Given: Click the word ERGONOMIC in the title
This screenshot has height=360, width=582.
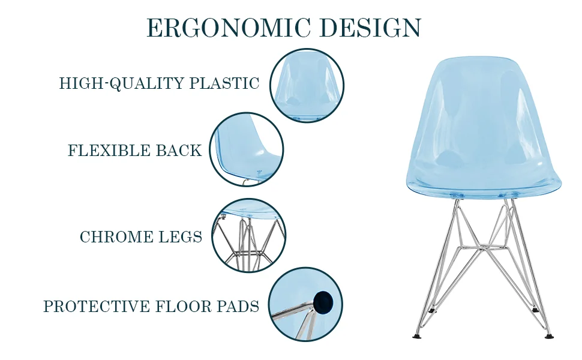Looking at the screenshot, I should [x=229, y=28].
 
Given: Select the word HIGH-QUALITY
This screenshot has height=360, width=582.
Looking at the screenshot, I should [x=122, y=83].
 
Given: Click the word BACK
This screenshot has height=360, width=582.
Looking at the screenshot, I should [x=179, y=151].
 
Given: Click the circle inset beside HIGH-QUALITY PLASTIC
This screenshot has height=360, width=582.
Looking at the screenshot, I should [x=307, y=86].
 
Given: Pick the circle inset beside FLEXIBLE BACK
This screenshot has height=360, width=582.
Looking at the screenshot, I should [x=247, y=150].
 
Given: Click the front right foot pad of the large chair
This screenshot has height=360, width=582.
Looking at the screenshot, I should [x=547, y=335].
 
